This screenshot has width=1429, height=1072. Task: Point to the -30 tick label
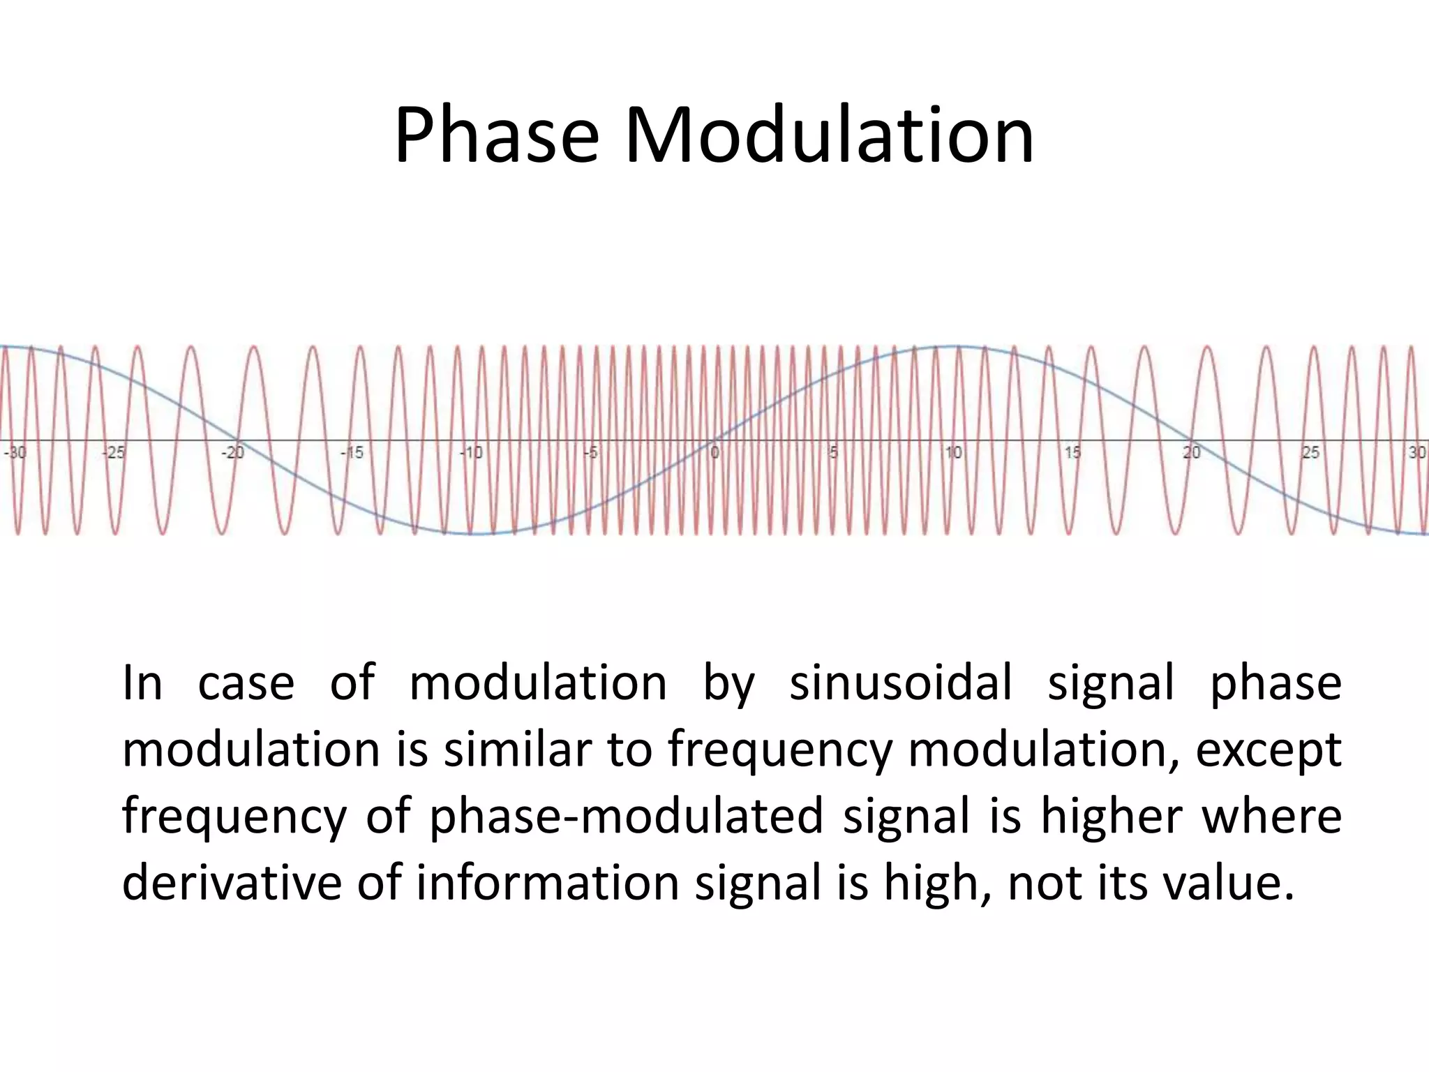click(x=15, y=453)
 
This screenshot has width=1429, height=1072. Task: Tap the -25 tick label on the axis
click(x=113, y=453)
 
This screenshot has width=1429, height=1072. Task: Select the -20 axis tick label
click(x=233, y=453)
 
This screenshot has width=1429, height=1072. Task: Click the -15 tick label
click(x=352, y=453)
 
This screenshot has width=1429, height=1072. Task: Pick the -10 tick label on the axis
click(x=472, y=453)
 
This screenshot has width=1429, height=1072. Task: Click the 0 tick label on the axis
click(x=714, y=453)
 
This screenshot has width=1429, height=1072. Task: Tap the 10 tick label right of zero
click(x=953, y=453)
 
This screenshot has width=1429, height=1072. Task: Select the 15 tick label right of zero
click(x=1073, y=453)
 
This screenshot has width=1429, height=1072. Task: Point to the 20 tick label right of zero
click(x=1192, y=453)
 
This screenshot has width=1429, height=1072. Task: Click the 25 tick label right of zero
click(x=1311, y=453)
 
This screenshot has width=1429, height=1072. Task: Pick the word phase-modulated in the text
click(x=626, y=817)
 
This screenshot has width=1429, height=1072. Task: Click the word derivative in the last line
click(x=232, y=882)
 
